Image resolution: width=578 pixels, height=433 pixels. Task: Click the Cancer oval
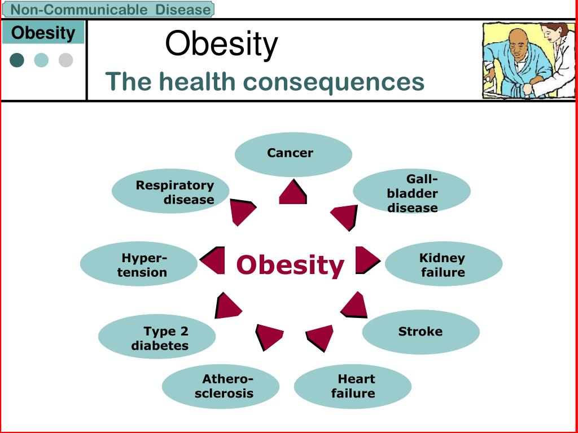coord(294,154)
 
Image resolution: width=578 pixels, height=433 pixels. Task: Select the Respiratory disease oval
coord(170,191)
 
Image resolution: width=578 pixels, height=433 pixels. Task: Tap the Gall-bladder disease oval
coord(411,191)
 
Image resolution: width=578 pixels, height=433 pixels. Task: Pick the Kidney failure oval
coord(444,264)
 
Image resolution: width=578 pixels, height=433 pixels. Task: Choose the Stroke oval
coord(421,332)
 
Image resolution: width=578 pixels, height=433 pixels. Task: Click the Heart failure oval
coord(352,386)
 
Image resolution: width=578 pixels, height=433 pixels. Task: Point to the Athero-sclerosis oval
coord(221,386)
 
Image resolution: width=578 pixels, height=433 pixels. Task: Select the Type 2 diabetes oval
coord(157,336)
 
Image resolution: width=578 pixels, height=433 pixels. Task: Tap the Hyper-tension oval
coord(139,264)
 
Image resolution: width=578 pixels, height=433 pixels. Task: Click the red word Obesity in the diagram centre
coord(290,266)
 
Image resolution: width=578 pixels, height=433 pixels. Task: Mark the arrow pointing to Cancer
coord(293,192)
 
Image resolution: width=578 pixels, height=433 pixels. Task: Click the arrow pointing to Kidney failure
coord(367,260)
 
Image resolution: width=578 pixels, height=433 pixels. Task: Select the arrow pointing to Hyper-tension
coord(212,260)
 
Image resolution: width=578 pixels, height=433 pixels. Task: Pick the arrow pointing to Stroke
coord(354,304)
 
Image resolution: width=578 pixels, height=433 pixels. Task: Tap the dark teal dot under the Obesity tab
coord(17,60)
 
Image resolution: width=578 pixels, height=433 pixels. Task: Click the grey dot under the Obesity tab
coord(65,60)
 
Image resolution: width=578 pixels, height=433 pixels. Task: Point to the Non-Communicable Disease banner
coord(108,9)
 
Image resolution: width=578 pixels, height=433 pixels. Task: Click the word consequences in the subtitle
coord(334,82)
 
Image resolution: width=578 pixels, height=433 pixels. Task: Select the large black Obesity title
coord(221,44)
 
